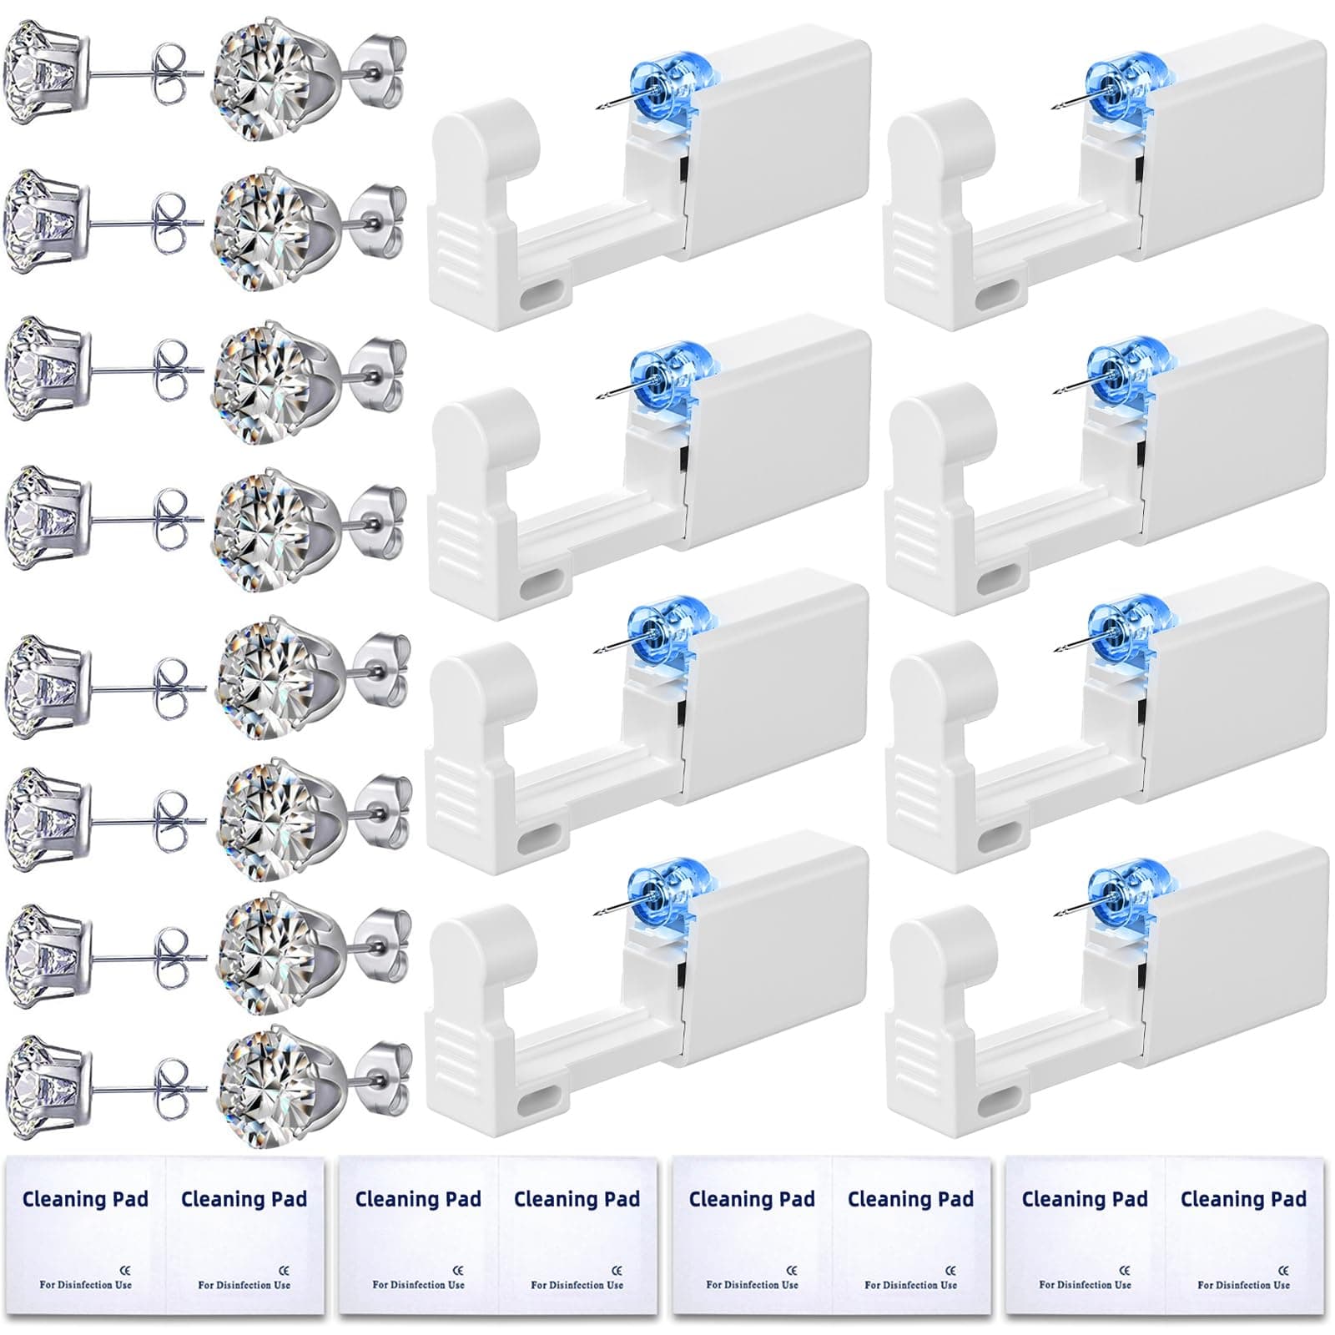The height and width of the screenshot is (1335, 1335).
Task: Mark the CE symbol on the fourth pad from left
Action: coord(617,1270)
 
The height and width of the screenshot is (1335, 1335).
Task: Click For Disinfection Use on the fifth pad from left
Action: coord(752,1285)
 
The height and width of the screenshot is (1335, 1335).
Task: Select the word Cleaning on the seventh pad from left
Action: coord(1056,1199)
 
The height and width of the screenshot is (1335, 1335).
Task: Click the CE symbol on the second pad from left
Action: coord(284,1270)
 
